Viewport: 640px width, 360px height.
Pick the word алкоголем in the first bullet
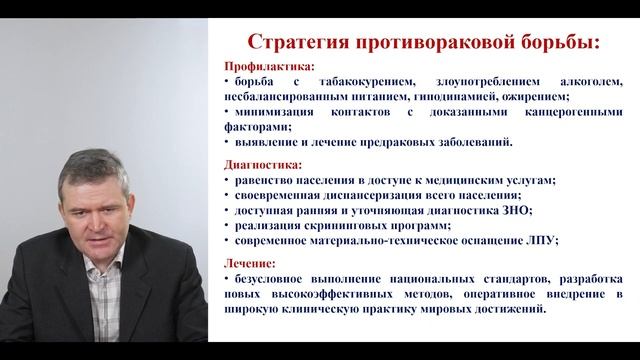582,81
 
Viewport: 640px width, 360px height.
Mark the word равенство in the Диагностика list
260,180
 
